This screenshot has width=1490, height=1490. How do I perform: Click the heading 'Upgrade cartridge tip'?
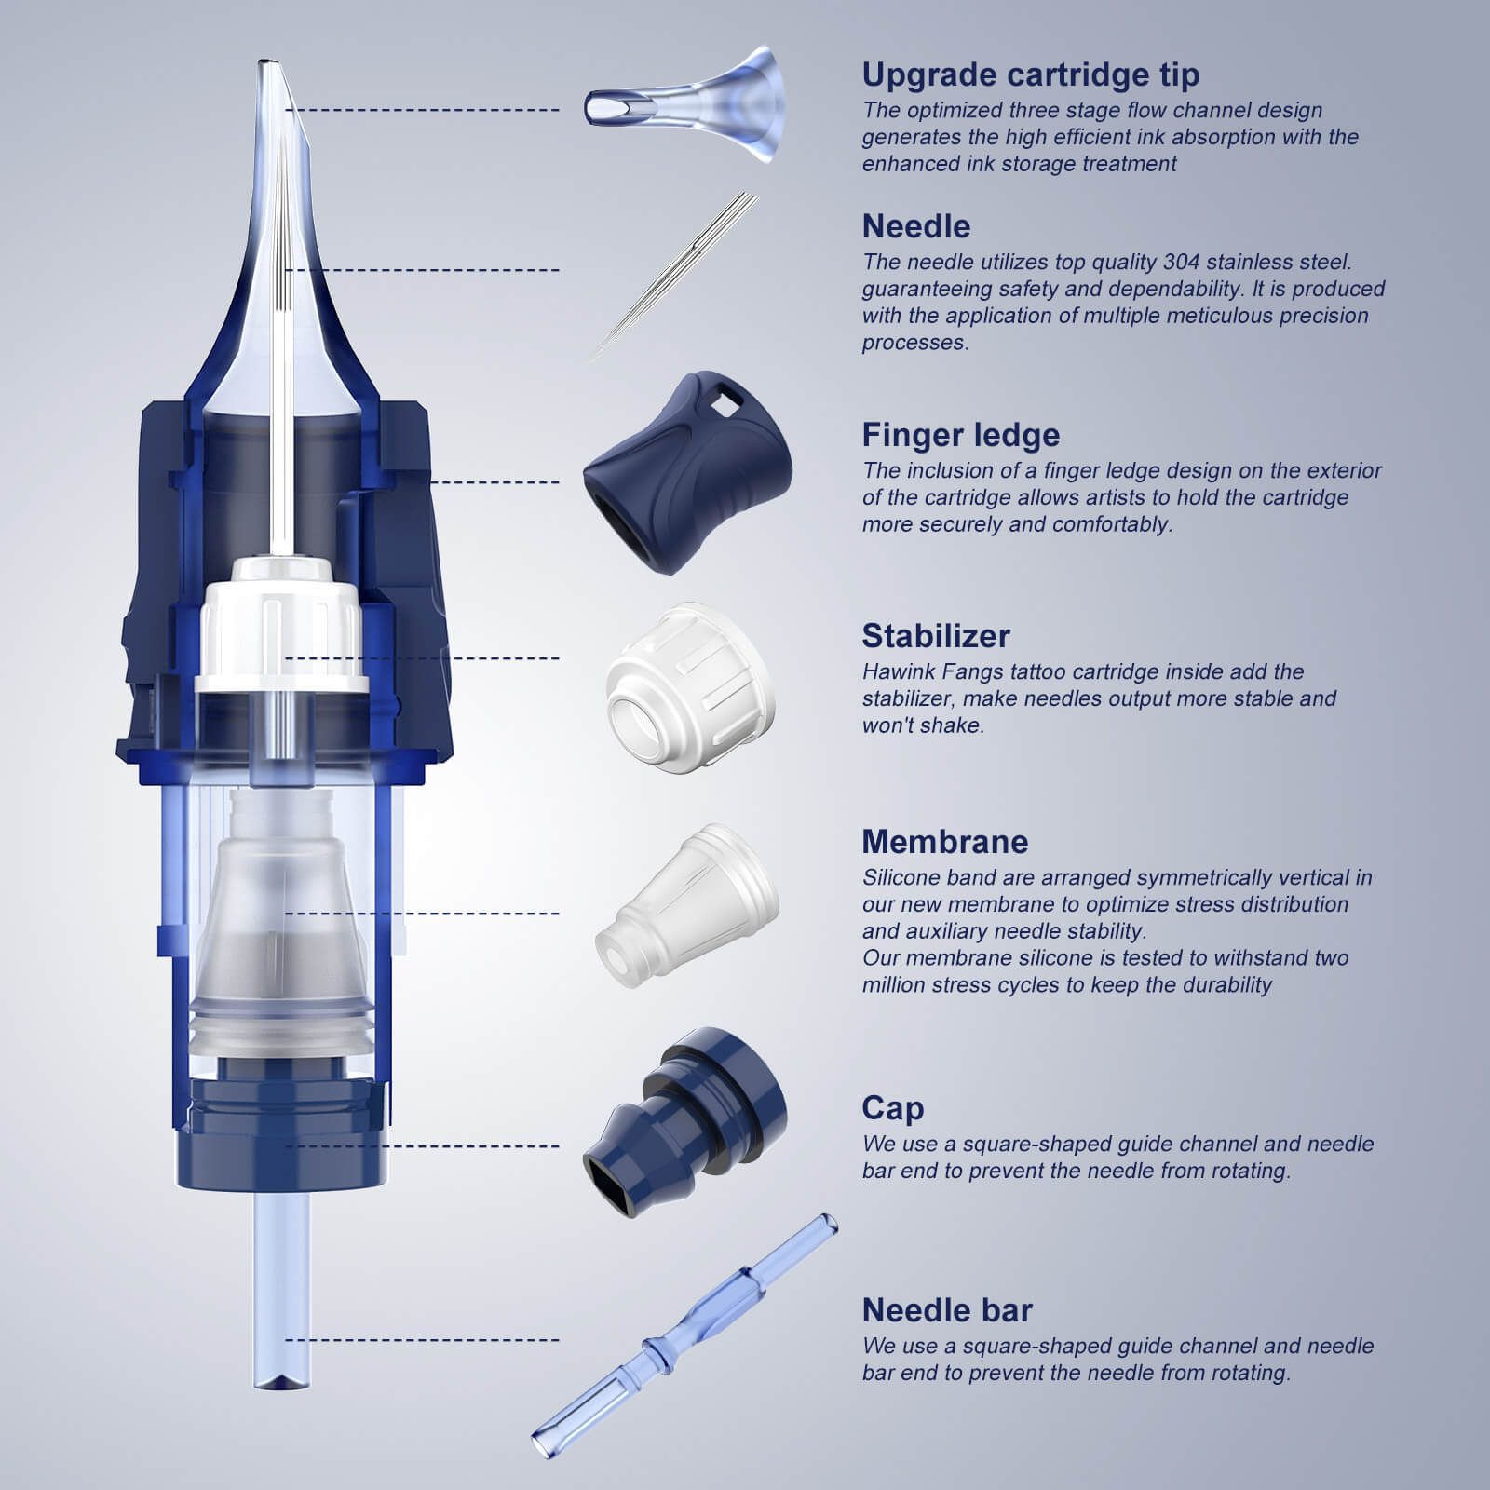pos(1030,74)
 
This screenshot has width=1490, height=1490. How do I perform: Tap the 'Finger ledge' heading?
pos(960,435)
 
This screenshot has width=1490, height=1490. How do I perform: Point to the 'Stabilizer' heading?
pos(935,636)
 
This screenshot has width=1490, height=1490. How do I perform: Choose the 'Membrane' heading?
pos(944,841)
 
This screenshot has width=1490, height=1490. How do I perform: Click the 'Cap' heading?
pos(892,1108)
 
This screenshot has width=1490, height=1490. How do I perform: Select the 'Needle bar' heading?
pos(947,1310)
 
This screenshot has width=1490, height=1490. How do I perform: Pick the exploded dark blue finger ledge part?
pos(687,473)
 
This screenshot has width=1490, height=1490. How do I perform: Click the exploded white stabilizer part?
pos(690,688)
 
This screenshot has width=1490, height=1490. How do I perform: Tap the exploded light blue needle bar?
pos(684,1336)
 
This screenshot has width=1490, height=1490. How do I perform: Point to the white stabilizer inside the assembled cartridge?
pos(281,624)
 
